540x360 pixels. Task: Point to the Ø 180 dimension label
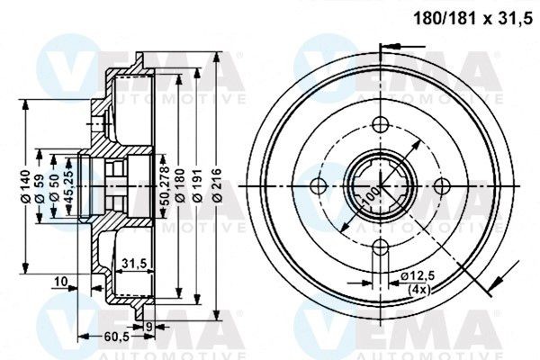click(178, 185)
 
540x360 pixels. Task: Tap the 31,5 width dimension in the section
click(133, 263)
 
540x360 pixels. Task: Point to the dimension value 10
click(61, 283)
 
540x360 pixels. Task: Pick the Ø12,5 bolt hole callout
click(418, 274)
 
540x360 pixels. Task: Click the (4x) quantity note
click(418, 289)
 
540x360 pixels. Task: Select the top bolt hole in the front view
click(379, 123)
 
